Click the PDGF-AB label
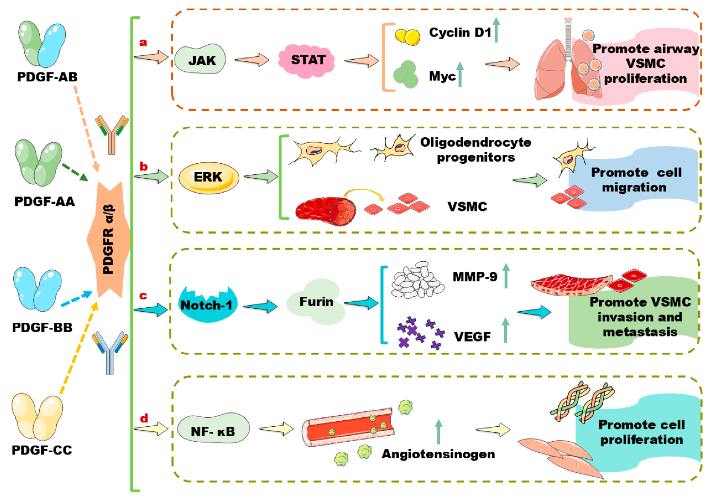coord(47,77)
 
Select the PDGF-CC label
coord(42,450)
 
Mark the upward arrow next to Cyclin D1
coord(496,30)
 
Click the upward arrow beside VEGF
coord(505,330)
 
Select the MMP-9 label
coord(475,277)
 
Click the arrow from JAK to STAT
coord(252,59)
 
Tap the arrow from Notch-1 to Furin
coord(261,307)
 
